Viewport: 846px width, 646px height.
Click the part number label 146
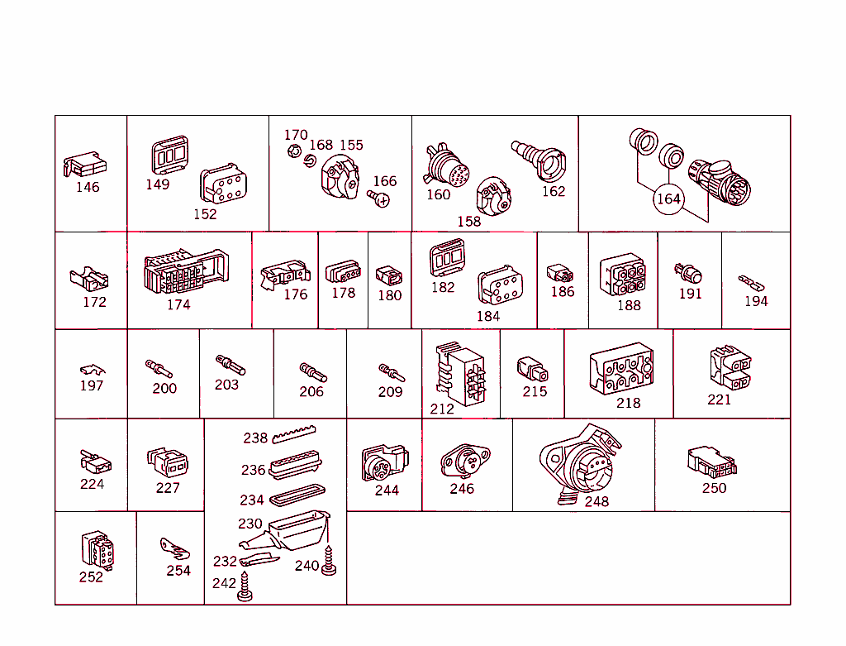click(88, 187)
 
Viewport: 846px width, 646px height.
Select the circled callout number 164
click(668, 199)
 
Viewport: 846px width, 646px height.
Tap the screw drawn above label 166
click(380, 199)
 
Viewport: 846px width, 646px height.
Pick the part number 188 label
click(629, 305)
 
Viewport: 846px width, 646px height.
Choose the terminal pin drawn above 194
click(751, 282)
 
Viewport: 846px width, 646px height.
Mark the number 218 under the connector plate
click(628, 403)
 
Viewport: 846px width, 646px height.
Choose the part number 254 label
click(178, 570)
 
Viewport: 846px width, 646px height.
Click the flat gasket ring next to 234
click(296, 498)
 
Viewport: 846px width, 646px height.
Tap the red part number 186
click(562, 292)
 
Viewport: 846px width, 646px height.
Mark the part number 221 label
click(719, 400)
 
